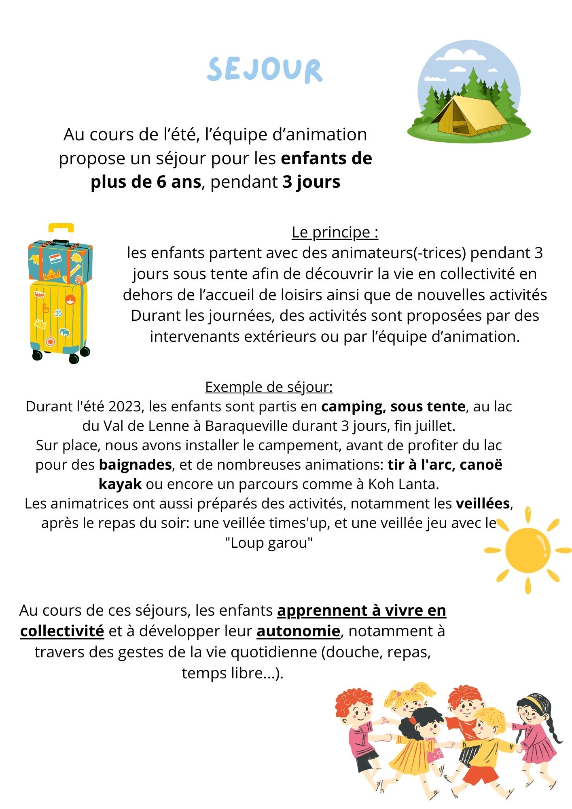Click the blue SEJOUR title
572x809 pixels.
[x=265, y=70]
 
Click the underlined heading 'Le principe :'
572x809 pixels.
[x=335, y=232]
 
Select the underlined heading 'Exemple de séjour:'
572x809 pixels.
[x=269, y=387]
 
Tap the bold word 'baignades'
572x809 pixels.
[x=136, y=465]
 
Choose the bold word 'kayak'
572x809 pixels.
[x=120, y=484]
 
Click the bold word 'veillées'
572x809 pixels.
[x=483, y=504]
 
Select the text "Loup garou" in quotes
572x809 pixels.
[x=269, y=542]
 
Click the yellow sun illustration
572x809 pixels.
[x=528, y=550]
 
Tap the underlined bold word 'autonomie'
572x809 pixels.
[x=298, y=631]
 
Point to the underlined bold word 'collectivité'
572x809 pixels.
[x=62, y=631]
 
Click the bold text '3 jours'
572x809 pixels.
[x=311, y=182]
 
